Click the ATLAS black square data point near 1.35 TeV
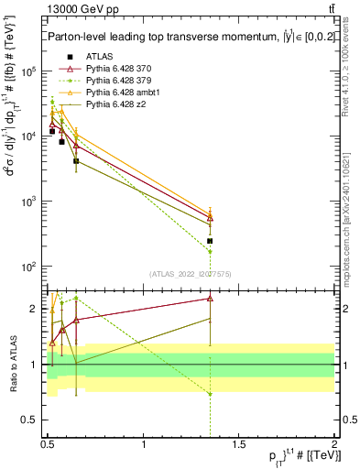211,241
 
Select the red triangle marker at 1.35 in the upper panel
211,218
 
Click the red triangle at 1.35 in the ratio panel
211,298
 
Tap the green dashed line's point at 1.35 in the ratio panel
211,394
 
